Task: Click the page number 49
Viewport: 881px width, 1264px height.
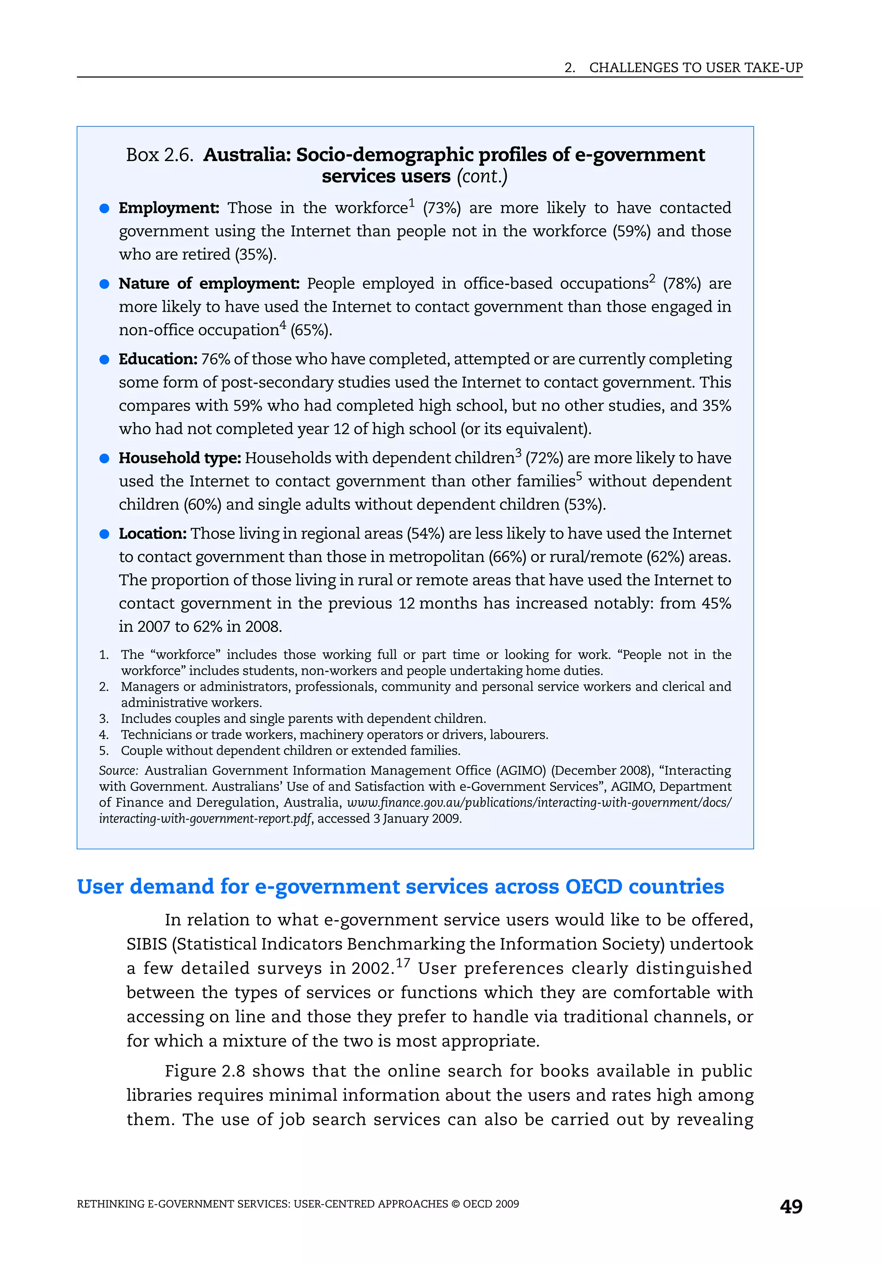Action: [791, 1207]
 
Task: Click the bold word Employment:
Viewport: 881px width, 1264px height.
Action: [169, 208]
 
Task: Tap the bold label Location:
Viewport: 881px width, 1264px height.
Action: [153, 533]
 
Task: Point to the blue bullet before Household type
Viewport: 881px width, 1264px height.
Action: [104, 459]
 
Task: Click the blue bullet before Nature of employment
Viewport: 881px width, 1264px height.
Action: [104, 284]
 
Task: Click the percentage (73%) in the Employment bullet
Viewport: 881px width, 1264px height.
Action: [442, 208]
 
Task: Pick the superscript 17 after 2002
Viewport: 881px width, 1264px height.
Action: [403, 963]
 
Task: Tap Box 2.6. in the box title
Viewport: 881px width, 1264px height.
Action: [160, 155]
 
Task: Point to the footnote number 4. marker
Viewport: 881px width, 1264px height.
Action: [104, 735]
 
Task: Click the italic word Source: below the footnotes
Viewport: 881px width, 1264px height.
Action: [118, 771]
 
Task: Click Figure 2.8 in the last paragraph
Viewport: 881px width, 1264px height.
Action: [205, 1071]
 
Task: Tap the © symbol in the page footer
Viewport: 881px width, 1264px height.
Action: [456, 1204]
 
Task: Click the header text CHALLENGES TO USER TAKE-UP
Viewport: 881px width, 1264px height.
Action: [695, 68]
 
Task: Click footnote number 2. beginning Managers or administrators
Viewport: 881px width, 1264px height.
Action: [104, 686]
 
